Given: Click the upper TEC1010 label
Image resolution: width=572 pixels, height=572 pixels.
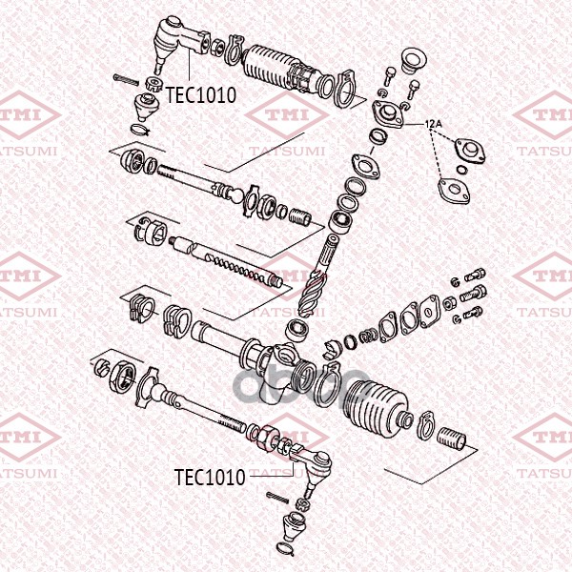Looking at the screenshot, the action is (200, 95).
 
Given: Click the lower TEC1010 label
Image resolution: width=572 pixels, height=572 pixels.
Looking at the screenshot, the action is (210, 478).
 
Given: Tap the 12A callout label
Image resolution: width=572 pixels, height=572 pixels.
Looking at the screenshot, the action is (434, 124).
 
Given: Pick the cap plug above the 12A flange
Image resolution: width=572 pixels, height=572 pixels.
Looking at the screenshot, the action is (414, 59).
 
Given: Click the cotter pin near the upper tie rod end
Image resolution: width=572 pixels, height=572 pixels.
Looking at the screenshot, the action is (126, 79).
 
